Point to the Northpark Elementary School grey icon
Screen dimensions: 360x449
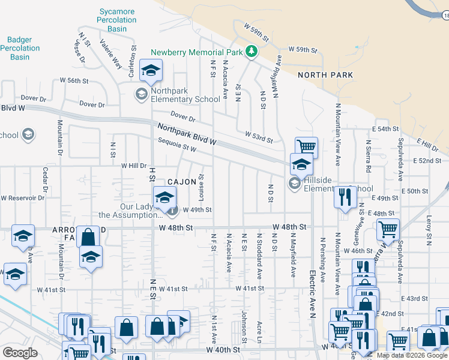click(x=141, y=94)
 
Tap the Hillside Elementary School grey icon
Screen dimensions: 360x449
click(x=294, y=184)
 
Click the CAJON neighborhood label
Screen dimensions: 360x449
click(x=181, y=182)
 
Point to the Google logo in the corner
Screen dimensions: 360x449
click(x=20, y=352)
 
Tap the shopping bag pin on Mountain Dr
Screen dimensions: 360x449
click(x=88, y=236)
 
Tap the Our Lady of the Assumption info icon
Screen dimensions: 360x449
click(x=172, y=210)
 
